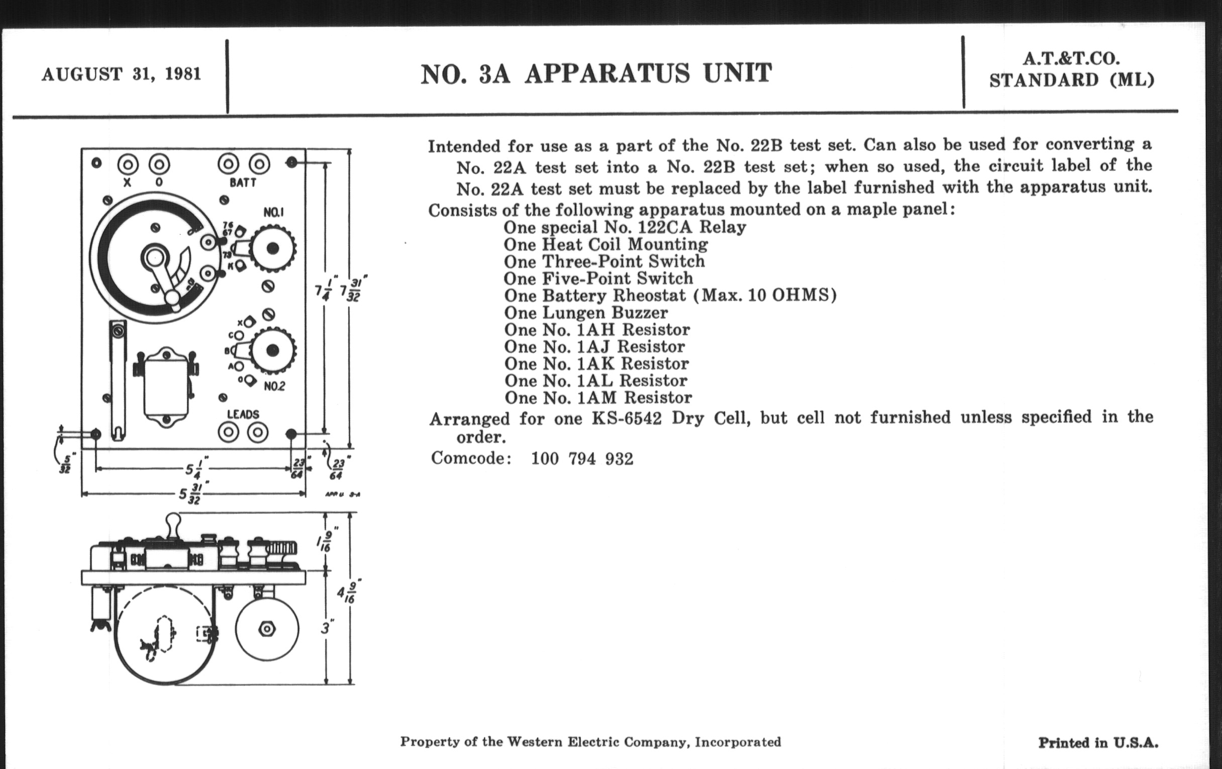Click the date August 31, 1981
121,74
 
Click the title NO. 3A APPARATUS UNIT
596,74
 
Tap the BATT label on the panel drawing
243,183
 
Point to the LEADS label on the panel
243,414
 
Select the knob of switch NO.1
273,248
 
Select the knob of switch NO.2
273,350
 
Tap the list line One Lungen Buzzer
586,313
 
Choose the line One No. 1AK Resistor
596,364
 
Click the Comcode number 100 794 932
582,459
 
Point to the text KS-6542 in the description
626,418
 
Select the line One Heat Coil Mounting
605,245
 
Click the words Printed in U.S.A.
1098,743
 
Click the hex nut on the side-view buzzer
266,629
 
